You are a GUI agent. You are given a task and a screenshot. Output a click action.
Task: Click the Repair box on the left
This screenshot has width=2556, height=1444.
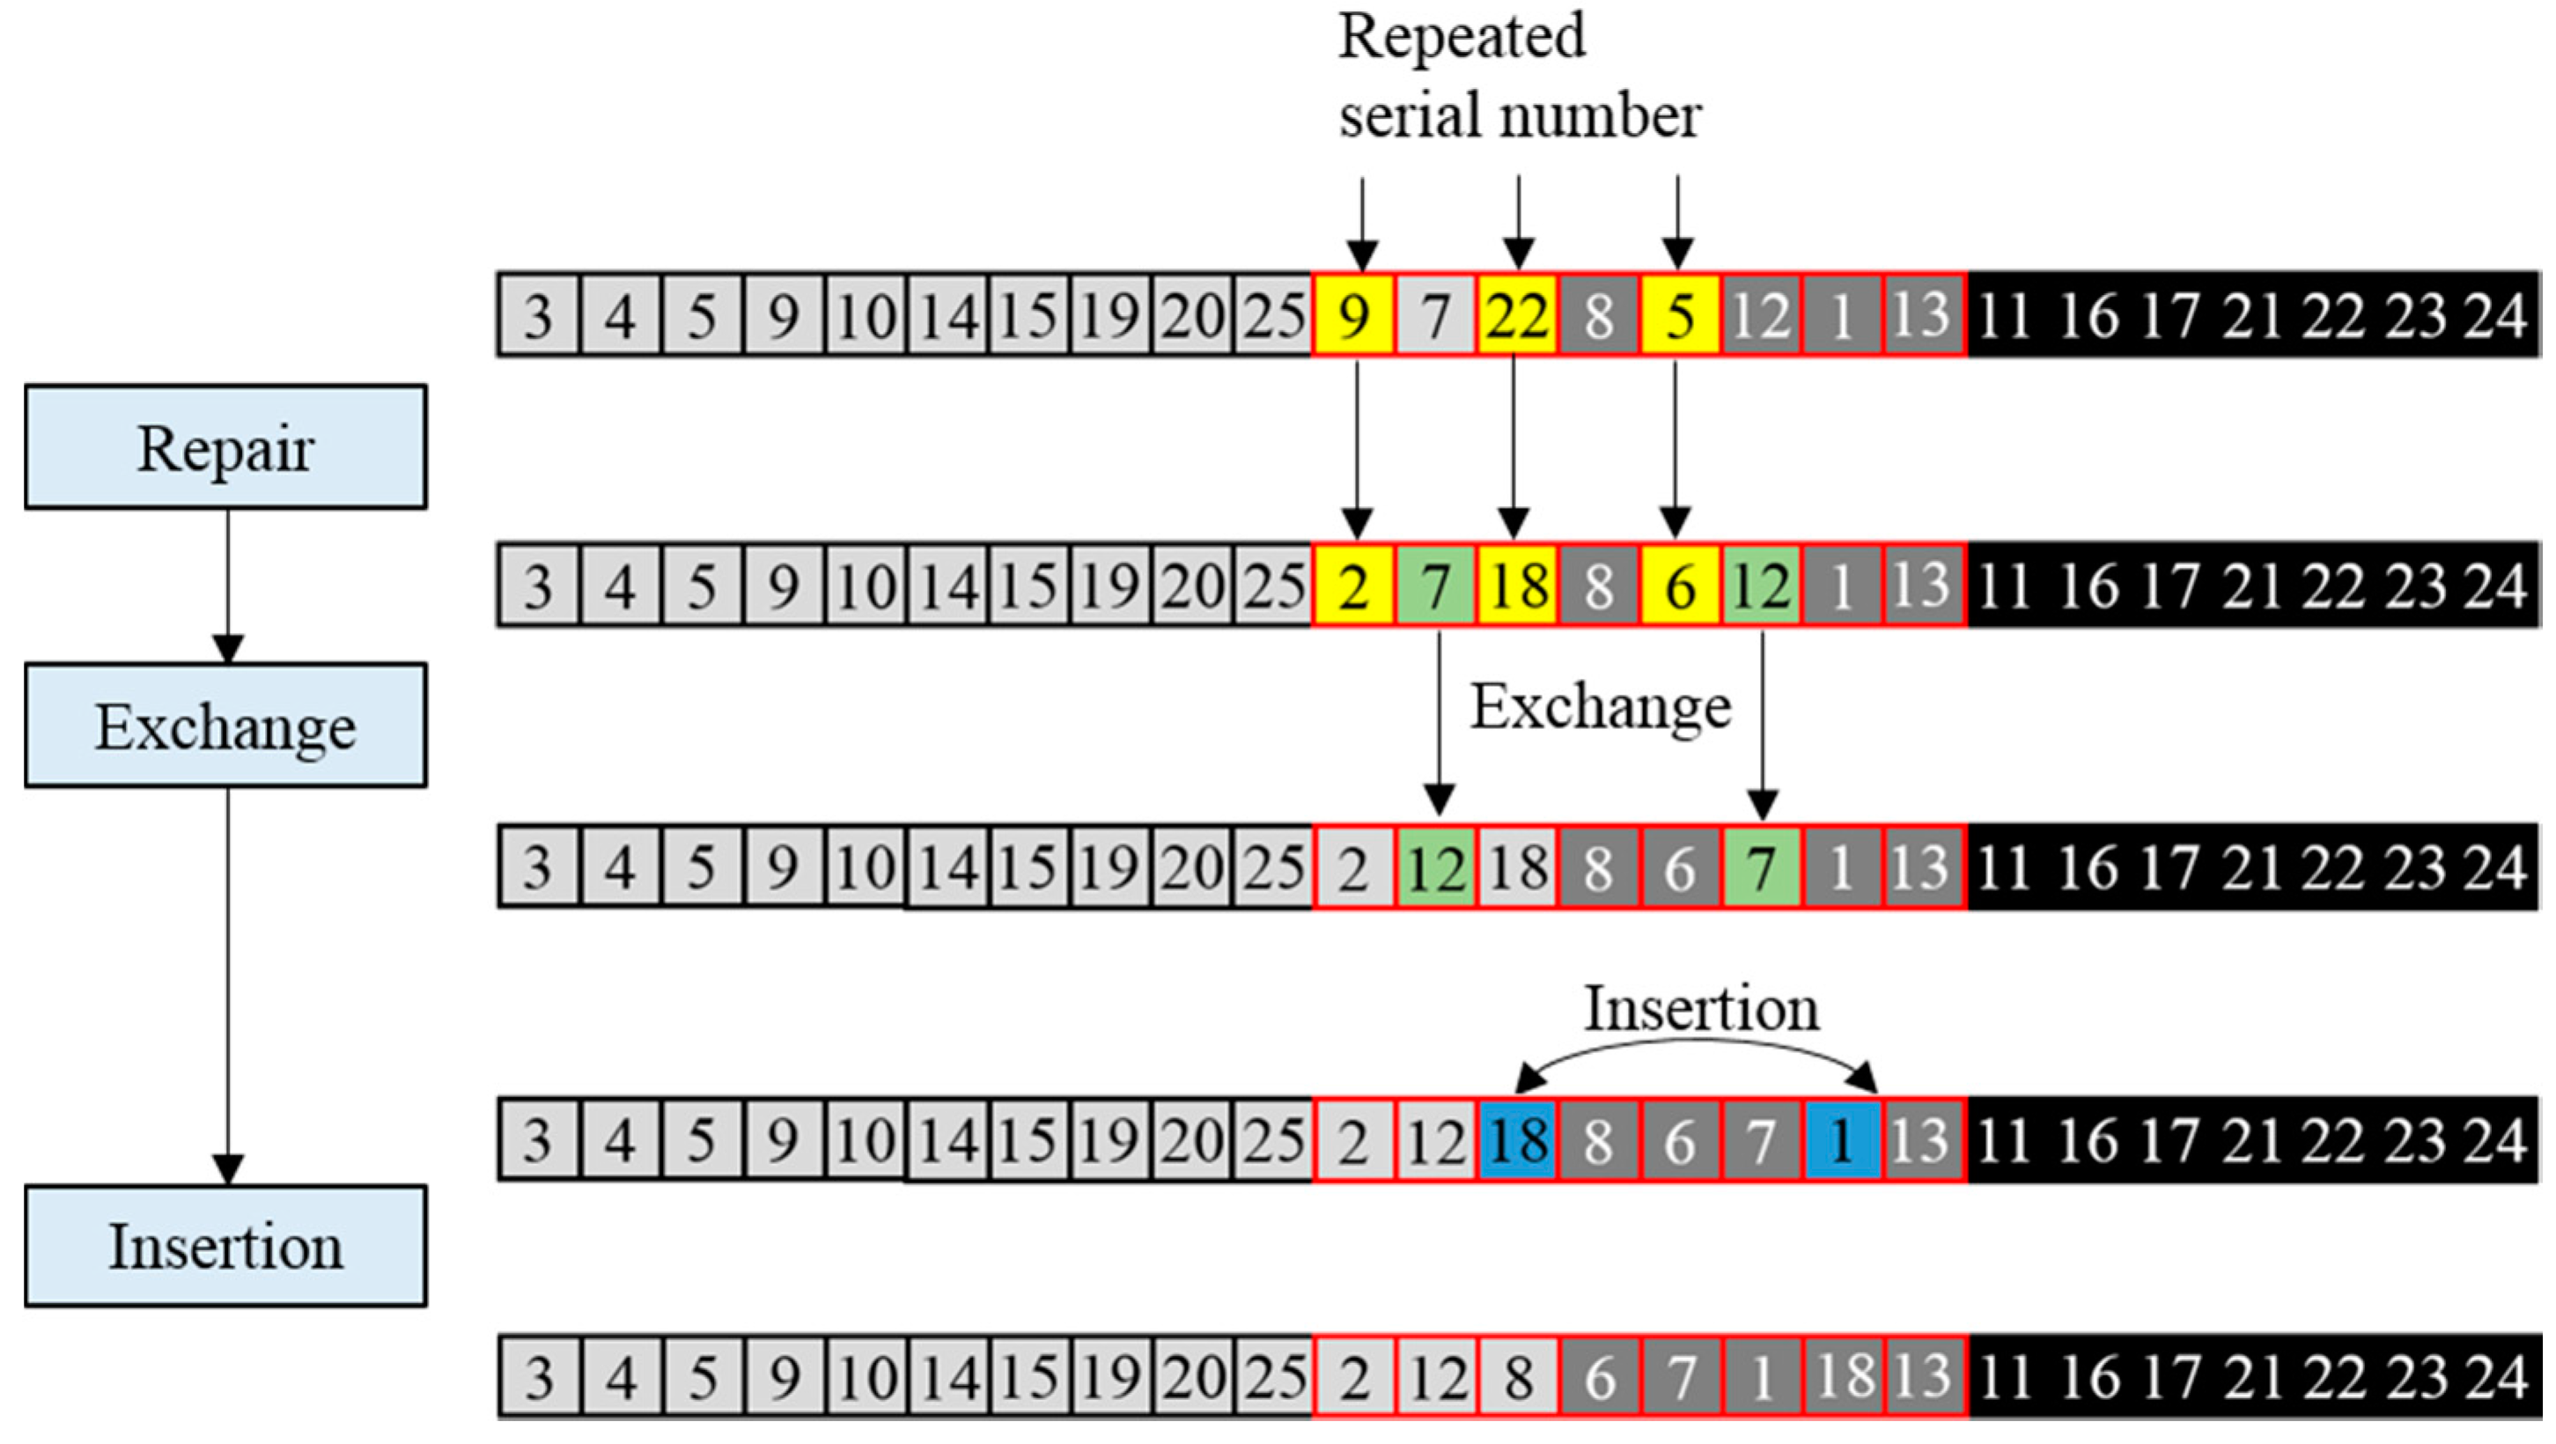click(x=225, y=447)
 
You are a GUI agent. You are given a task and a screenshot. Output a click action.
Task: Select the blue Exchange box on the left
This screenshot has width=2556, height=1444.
click(x=225, y=726)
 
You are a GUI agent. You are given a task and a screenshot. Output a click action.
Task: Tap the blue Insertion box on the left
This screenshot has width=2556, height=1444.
click(x=225, y=1246)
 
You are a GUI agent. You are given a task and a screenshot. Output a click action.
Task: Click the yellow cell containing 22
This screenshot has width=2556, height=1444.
click(x=1516, y=315)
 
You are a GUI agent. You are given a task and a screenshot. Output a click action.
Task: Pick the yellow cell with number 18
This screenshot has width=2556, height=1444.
click(x=1516, y=586)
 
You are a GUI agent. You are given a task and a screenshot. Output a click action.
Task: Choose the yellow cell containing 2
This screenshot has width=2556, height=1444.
click(x=1353, y=586)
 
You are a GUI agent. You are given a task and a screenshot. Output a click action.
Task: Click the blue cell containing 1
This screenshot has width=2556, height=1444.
click(x=1842, y=1139)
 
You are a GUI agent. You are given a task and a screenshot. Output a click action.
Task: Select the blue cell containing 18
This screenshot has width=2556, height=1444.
click(x=1516, y=1139)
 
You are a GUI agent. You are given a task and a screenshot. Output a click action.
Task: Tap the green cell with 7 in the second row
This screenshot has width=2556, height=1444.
click(x=1435, y=586)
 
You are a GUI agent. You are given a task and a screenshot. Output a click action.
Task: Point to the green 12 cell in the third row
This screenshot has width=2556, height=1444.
click(x=1435, y=867)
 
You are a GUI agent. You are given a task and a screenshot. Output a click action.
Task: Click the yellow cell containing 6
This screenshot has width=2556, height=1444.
click(x=1679, y=586)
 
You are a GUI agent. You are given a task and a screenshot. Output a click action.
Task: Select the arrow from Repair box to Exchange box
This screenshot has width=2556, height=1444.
click(x=228, y=586)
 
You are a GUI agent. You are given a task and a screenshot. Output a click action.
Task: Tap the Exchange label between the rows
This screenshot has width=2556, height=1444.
click(x=1600, y=707)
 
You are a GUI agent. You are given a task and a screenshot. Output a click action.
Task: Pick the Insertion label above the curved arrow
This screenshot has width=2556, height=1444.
click(x=1701, y=1008)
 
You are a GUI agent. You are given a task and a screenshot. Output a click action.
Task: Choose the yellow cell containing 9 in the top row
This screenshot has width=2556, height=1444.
click(x=1353, y=315)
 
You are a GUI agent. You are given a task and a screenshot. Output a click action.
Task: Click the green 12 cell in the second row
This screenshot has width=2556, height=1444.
click(x=1760, y=586)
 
